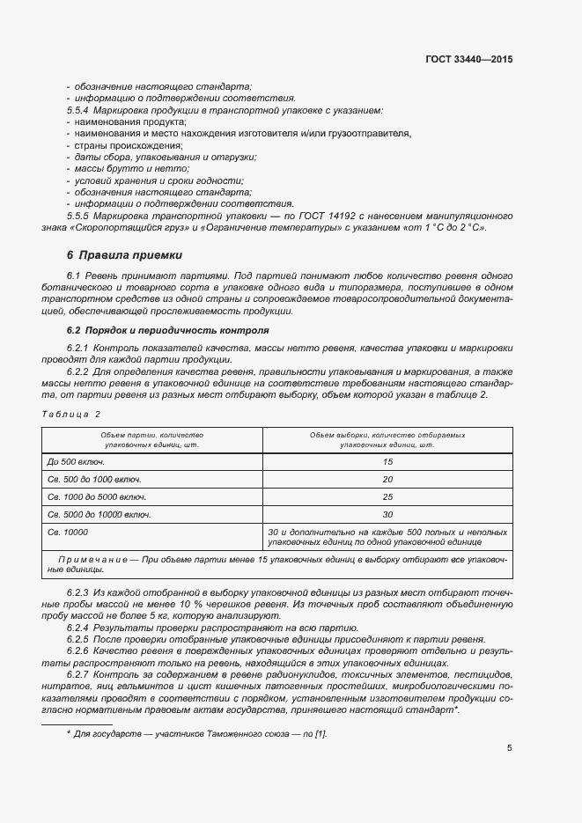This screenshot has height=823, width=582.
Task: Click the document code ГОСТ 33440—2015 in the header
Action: point(468,60)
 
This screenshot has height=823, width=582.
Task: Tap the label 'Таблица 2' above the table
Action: point(71,413)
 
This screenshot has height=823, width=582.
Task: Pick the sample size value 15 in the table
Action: point(387,461)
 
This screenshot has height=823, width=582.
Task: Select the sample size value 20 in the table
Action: point(387,479)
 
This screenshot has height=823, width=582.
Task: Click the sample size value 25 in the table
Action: point(387,496)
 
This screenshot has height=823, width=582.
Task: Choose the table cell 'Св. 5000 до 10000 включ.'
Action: point(99,514)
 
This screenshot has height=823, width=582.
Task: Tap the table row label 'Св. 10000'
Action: point(68,532)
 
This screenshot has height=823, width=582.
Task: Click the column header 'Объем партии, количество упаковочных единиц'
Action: point(153,440)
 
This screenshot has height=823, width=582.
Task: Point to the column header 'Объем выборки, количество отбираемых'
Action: point(387,435)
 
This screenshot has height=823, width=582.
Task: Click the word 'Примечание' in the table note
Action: point(91,560)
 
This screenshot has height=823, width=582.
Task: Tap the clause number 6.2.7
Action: point(81,673)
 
